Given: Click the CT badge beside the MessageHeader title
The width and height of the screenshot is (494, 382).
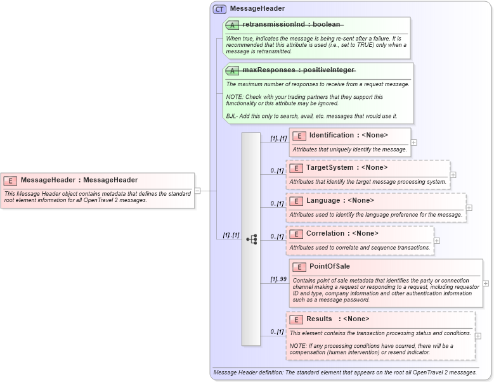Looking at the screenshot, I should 219,9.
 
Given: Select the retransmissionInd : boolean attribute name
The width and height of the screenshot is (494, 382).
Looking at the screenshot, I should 291,25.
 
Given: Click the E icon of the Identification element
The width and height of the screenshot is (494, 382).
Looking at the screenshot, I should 299,136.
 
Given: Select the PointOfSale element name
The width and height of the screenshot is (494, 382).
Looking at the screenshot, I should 329,267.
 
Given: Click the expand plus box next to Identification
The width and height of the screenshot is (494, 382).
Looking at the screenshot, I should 414,143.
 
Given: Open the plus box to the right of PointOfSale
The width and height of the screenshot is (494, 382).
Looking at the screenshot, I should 486,283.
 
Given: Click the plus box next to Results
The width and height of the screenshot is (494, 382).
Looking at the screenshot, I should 478,336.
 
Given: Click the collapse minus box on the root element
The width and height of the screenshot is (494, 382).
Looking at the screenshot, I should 198,190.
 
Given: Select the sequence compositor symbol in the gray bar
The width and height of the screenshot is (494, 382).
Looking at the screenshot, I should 251,239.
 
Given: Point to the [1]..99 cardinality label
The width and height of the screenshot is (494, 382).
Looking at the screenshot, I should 278,279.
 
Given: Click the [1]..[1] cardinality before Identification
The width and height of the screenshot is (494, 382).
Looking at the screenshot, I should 278,138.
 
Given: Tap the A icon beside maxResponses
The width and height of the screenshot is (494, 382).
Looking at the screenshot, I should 232,70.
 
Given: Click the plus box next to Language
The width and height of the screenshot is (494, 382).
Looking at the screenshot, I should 469,207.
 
